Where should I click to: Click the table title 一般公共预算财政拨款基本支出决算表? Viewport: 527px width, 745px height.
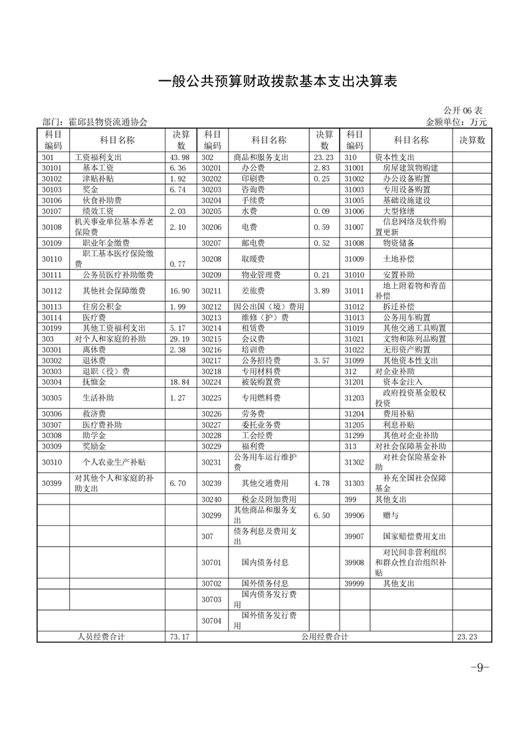pyautogui.click(x=277, y=82)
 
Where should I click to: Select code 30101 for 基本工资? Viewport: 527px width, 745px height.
pyautogui.click(x=51, y=168)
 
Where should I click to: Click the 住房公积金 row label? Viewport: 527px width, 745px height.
pyautogui.click(x=98, y=307)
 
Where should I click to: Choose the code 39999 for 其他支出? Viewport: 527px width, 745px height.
pyautogui.click(x=355, y=584)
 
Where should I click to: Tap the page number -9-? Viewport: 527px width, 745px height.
pyautogui.click(x=479, y=667)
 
